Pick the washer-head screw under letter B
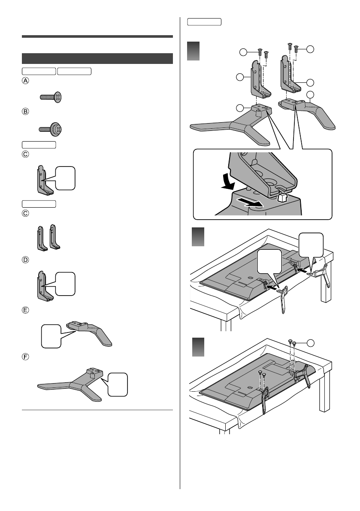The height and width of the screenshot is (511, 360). tap(51, 128)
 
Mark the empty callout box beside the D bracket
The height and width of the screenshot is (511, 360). tap(67, 284)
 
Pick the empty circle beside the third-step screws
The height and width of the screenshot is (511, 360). tap(310, 342)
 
